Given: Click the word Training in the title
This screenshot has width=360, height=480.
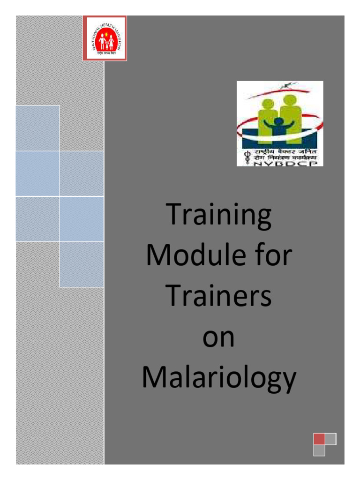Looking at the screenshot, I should [x=219, y=217].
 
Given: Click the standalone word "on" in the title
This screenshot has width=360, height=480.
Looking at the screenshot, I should [x=219, y=338].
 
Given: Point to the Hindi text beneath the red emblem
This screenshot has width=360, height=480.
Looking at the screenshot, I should [x=105, y=53].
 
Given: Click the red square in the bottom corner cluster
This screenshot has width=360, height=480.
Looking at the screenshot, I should [x=319, y=439].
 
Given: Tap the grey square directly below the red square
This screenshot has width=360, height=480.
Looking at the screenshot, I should [x=319, y=450].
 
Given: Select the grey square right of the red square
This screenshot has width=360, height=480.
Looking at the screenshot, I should [x=331, y=439].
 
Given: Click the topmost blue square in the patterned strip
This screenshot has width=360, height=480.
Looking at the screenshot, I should [x=37, y=128].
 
